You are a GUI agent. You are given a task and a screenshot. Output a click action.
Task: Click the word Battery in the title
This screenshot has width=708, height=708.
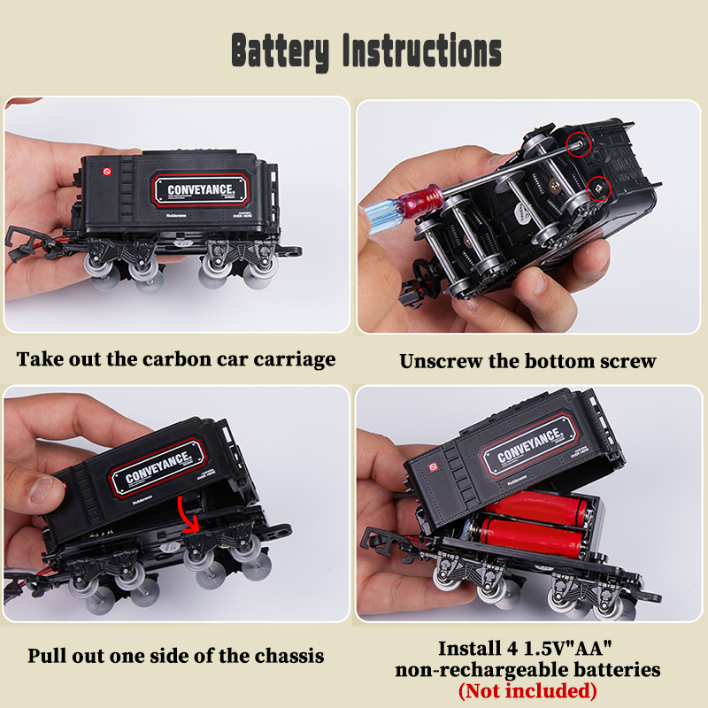(280, 51)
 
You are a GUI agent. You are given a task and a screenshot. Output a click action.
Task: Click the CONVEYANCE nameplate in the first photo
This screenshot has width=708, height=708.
(203, 189)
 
